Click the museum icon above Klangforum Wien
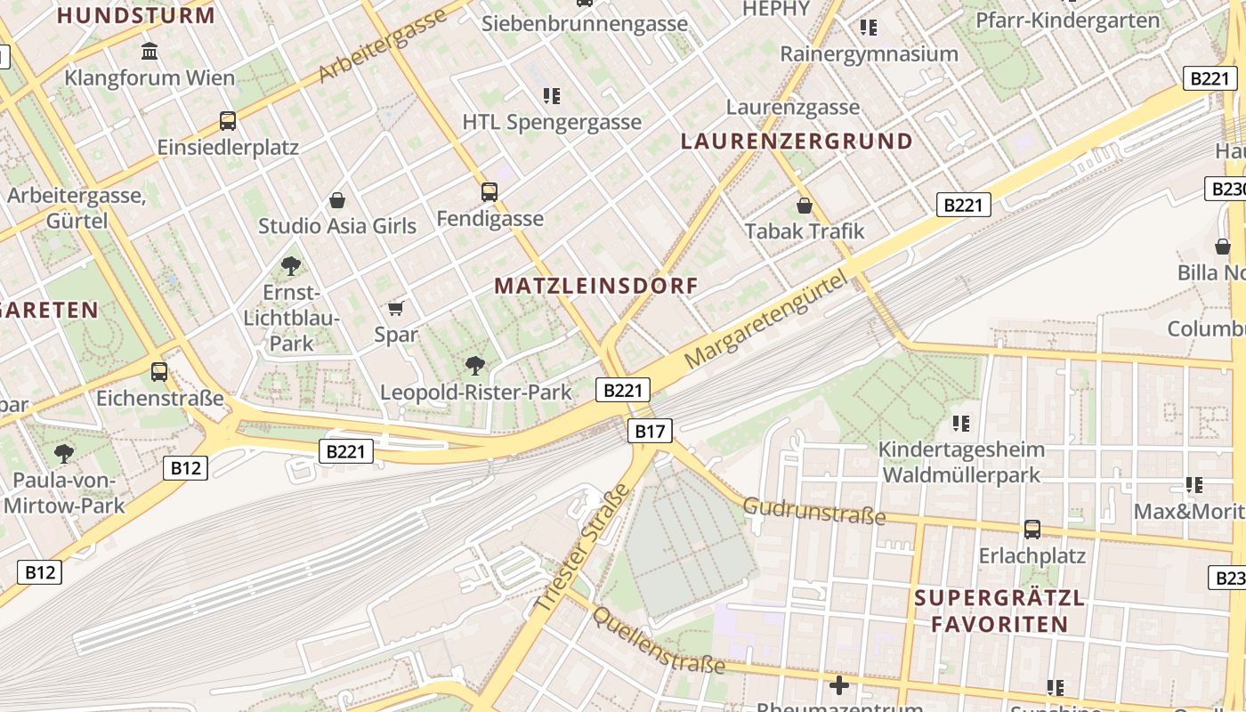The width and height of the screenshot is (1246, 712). (x=150, y=52)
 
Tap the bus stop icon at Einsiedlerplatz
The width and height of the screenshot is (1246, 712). (x=228, y=121)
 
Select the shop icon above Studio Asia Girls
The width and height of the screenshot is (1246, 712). (x=336, y=200)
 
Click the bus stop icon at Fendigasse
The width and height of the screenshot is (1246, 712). (x=489, y=191)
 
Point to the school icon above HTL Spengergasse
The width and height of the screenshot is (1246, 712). (x=551, y=95)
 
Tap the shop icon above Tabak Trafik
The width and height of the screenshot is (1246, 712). (x=805, y=206)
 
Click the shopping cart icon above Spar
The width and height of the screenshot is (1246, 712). (x=395, y=309)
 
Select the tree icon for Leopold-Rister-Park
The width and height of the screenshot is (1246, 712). (x=475, y=365)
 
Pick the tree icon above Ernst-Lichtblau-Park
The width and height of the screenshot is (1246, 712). (x=290, y=264)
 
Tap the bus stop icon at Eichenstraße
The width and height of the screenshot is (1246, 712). (x=159, y=371)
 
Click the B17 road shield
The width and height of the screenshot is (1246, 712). (x=650, y=432)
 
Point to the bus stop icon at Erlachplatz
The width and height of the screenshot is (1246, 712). (x=1032, y=530)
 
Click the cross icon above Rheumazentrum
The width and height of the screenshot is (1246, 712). (x=838, y=685)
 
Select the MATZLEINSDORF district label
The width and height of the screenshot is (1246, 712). (x=596, y=286)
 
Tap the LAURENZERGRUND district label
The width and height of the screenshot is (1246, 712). (x=797, y=141)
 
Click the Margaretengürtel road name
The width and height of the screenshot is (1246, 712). (x=765, y=322)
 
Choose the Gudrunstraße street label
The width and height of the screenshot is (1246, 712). (x=814, y=511)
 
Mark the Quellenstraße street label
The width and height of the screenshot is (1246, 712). (x=659, y=641)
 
